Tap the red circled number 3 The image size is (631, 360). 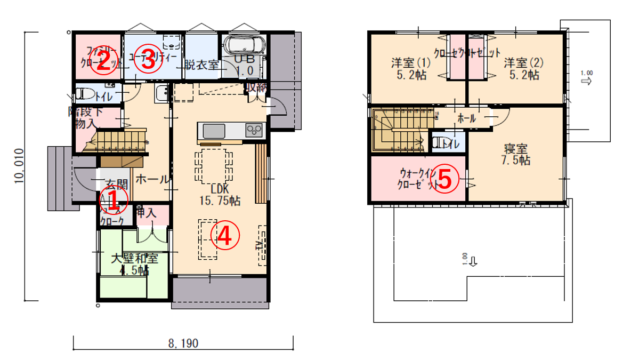(148, 60)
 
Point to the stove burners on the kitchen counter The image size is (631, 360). (254, 130)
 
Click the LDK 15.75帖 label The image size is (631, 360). (219, 195)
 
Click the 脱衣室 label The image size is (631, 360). (202, 65)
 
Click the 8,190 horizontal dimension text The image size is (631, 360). (183, 344)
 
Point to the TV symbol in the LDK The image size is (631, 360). (262, 245)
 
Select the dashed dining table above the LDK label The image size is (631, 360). (214, 165)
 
